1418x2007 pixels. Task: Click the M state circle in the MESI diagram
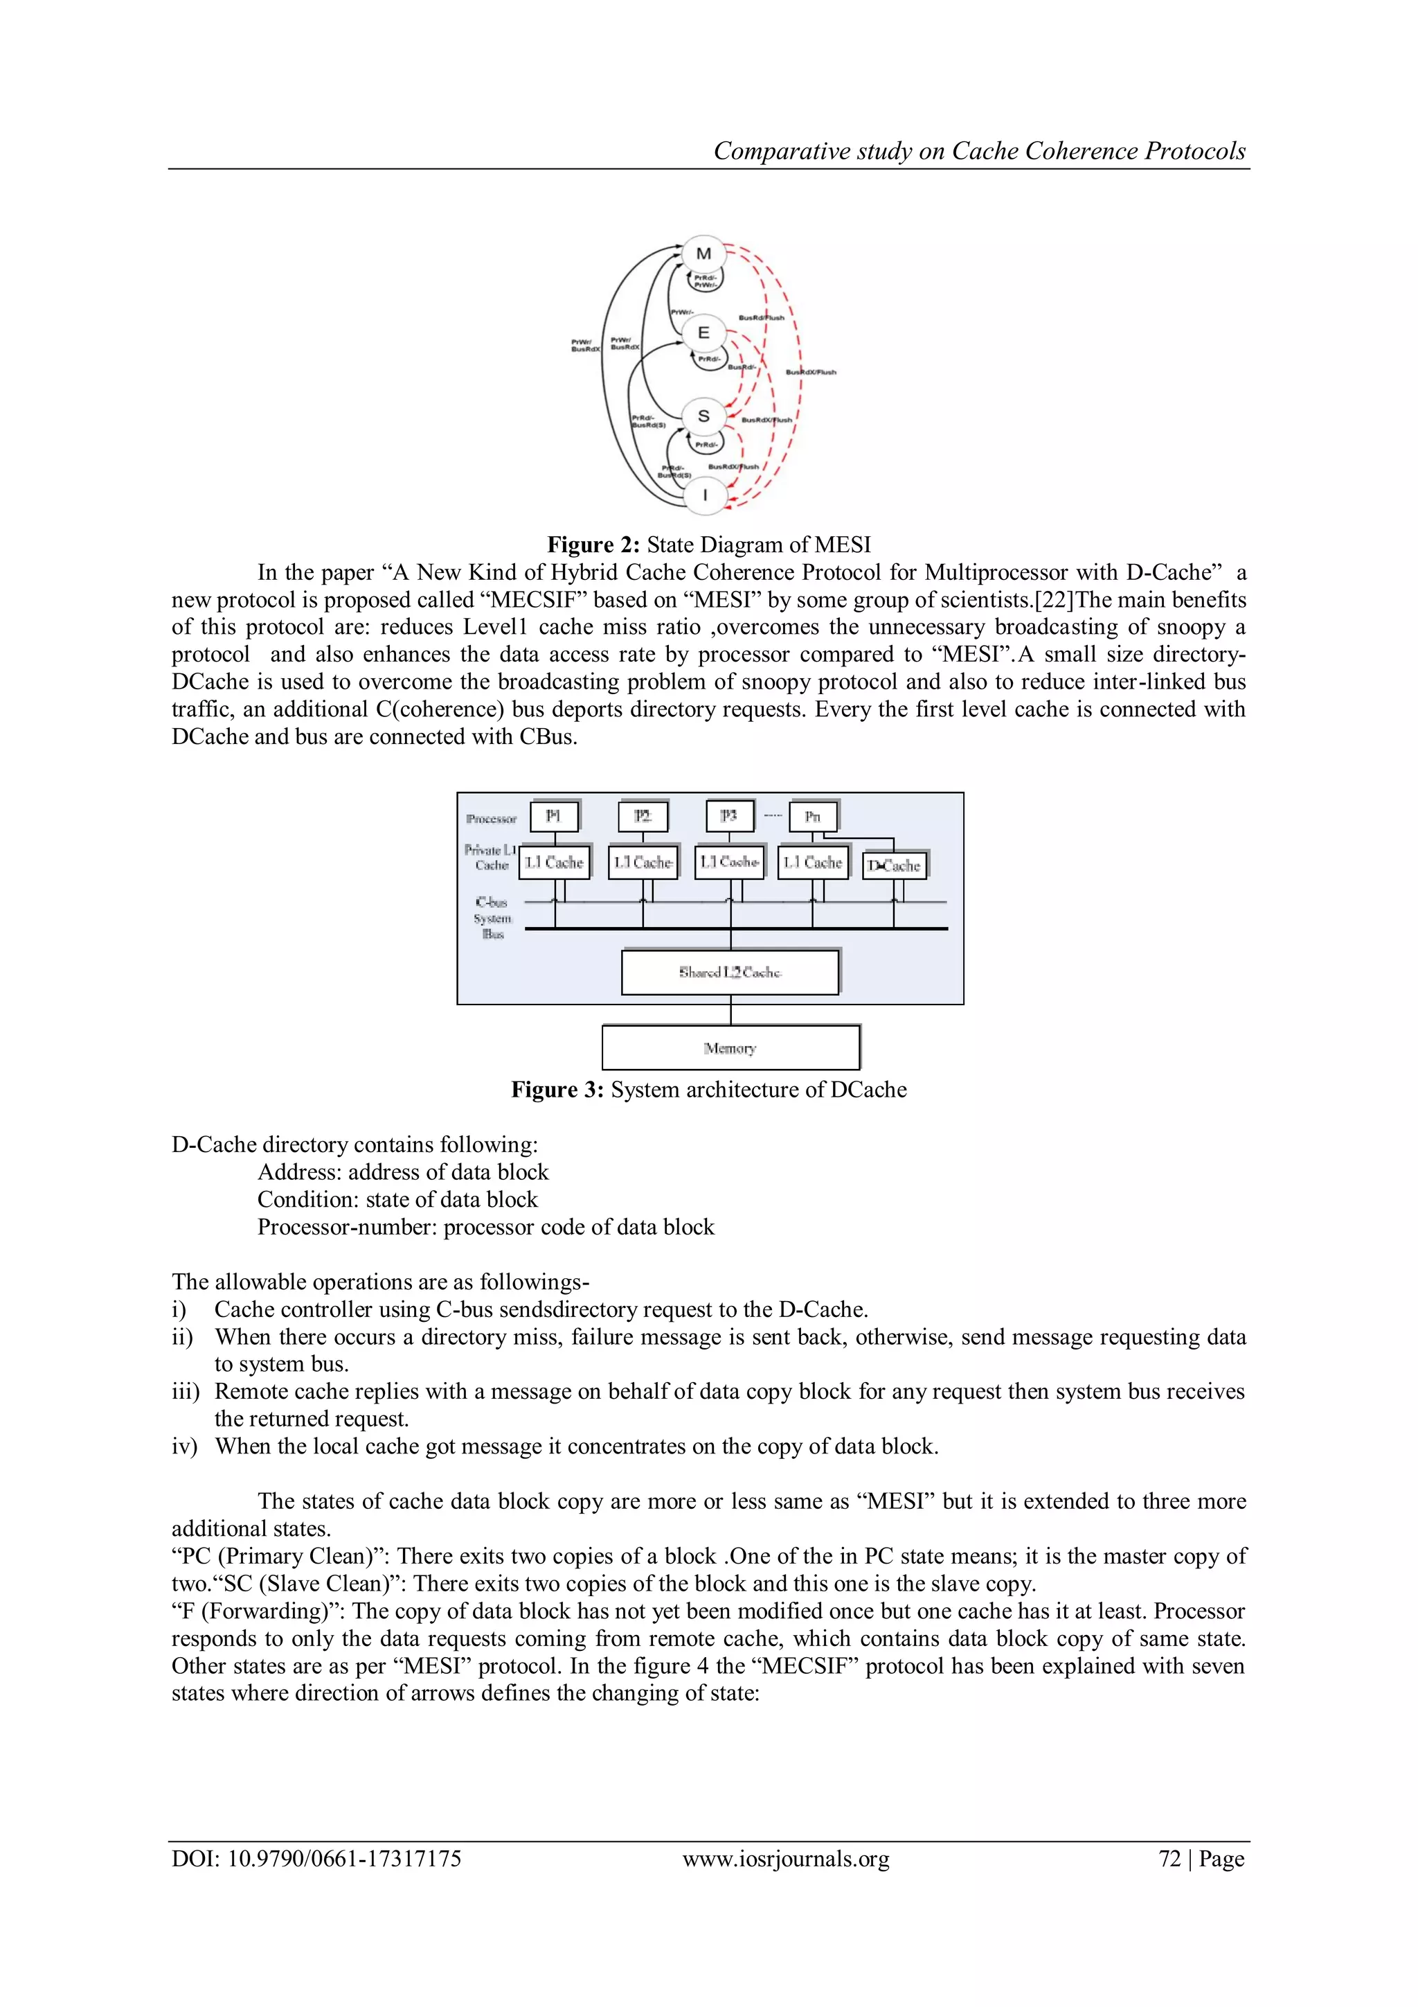point(703,254)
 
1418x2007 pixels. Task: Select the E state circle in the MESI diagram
point(703,333)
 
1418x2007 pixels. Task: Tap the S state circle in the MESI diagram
point(703,416)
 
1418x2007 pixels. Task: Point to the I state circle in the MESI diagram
point(704,495)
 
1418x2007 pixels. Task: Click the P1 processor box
point(553,816)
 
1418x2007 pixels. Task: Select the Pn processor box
point(813,816)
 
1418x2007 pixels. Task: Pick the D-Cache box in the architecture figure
point(894,865)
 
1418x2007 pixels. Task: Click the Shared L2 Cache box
point(730,972)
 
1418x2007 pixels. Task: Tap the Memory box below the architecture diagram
point(730,1047)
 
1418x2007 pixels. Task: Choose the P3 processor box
point(728,816)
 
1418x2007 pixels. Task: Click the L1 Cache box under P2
point(642,862)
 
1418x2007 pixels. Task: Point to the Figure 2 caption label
point(593,545)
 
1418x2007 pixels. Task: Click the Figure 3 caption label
point(557,1089)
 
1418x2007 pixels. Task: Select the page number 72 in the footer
point(1169,1859)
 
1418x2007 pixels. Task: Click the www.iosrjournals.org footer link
point(785,1859)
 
